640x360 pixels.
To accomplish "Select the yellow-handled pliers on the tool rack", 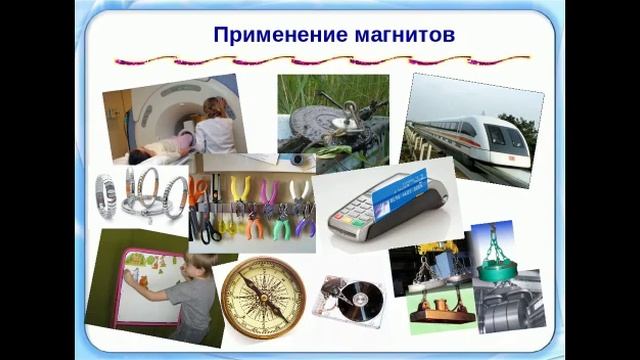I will (239, 191).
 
